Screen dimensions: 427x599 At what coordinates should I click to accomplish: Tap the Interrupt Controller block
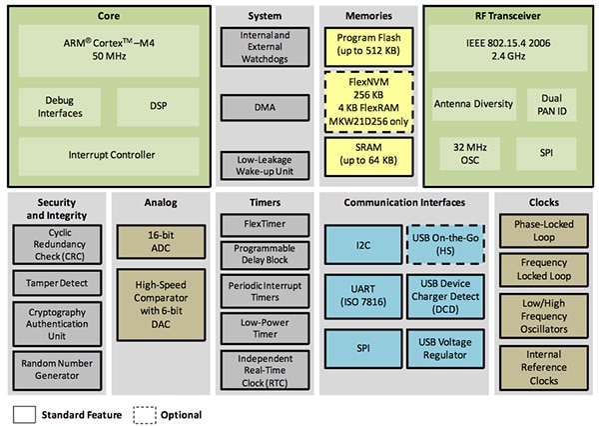pyautogui.click(x=110, y=155)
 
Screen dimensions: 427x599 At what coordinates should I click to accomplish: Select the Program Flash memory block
pyautogui.click(x=362, y=44)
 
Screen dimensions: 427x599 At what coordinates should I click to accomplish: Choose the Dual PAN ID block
pyautogui.click(x=549, y=103)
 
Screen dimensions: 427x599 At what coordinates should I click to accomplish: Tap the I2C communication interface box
pyautogui.click(x=362, y=242)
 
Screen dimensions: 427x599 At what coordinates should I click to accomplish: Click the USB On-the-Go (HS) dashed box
pyautogui.click(x=445, y=242)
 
